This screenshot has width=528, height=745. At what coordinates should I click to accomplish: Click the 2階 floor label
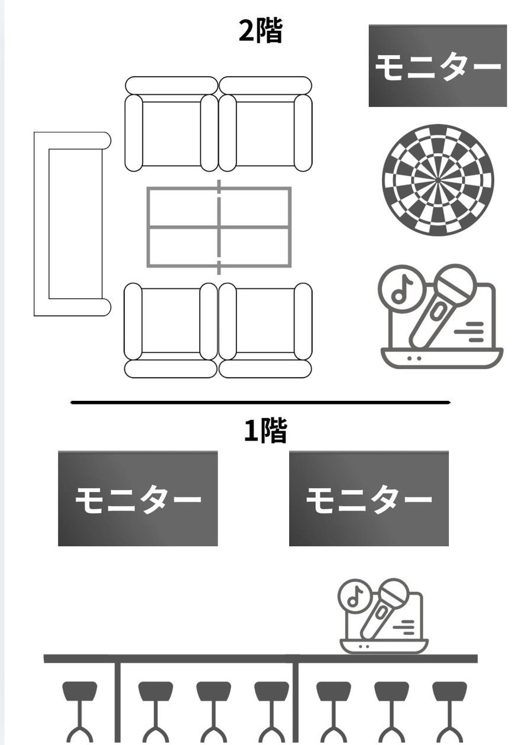tap(260, 31)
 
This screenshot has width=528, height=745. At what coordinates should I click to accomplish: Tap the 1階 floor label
tap(265, 431)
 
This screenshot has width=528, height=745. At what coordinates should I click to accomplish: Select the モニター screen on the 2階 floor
tap(438, 66)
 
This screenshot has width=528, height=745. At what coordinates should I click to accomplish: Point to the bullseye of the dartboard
tap(438, 179)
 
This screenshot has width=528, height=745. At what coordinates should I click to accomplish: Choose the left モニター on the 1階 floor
tap(138, 498)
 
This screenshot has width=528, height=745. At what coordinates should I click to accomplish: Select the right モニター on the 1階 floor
tap(368, 498)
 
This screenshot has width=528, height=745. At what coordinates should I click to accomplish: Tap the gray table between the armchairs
tap(219, 227)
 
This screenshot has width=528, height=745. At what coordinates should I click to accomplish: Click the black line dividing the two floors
tap(260, 403)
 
